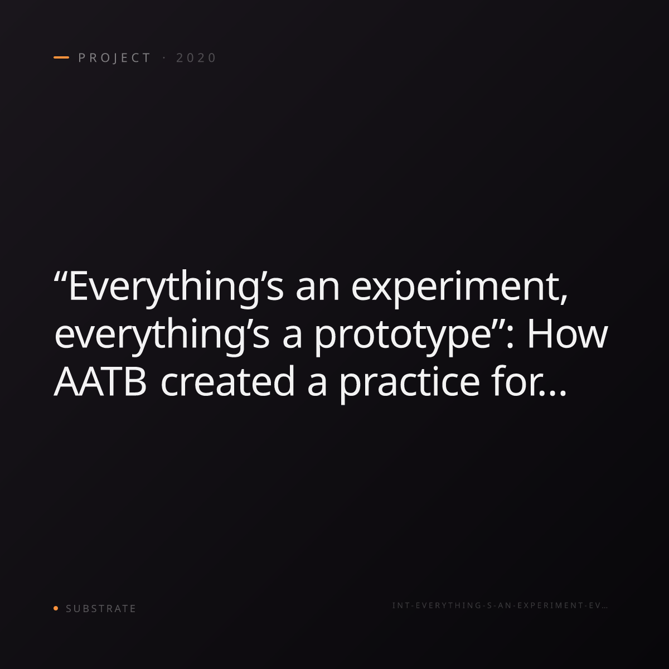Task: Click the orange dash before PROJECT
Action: pos(61,57)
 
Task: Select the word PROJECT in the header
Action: pos(115,58)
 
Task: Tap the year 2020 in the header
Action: pos(196,58)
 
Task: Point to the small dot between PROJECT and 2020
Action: pos(164,58)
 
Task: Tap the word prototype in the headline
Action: pos(403,337)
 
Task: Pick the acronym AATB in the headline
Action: pos(100,381)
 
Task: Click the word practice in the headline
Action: pos(410,384)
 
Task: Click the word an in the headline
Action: pos(318,294)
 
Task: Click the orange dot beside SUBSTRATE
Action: pos(56,608)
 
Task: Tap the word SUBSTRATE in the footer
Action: pos(101,608)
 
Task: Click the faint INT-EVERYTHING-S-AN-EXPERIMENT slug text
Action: pos(500,605)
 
